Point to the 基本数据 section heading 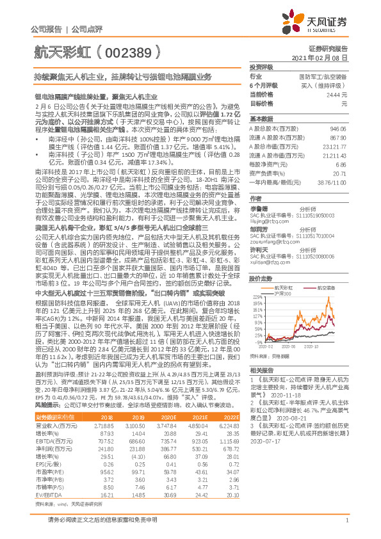261,119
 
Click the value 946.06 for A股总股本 340,129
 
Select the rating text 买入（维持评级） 328,85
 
